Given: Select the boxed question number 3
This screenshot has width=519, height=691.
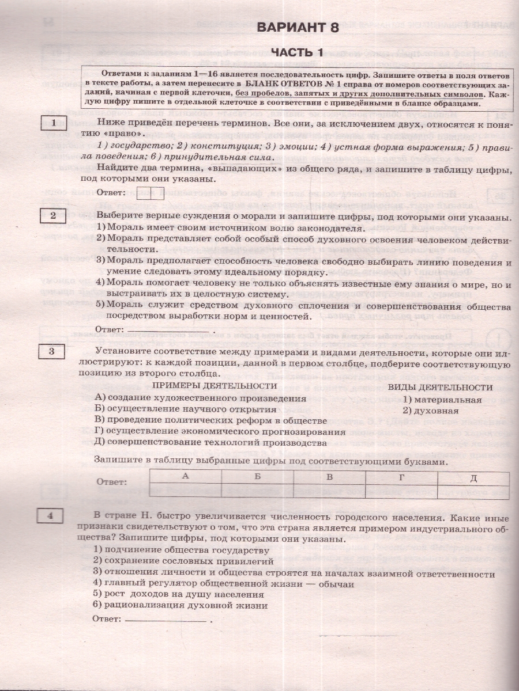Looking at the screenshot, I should [52, 351].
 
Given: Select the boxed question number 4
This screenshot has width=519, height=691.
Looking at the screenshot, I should [51, 516].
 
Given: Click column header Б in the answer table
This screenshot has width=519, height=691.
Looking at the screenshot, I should [257, 477].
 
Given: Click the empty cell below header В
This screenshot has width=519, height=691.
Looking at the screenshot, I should [329, 491].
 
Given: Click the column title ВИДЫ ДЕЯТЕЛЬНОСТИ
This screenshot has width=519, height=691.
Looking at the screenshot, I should [440, 388].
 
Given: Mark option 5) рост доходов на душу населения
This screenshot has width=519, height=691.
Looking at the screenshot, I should [178, 594].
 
